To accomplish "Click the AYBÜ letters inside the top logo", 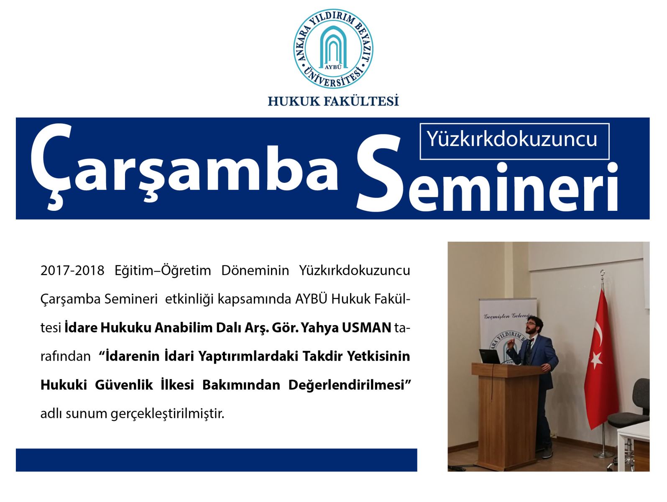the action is coord(333,67).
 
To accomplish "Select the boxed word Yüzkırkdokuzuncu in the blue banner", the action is coord(512,140).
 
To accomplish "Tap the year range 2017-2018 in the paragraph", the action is coord(72,270).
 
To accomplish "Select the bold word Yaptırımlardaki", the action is coord(248,356).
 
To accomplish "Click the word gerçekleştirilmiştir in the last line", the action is coord(167,414).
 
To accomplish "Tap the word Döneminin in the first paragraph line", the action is coord(255,270).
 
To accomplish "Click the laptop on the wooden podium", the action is coord(489,356).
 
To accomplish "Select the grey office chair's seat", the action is coord(628,419).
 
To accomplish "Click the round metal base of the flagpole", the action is coord(603,455).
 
